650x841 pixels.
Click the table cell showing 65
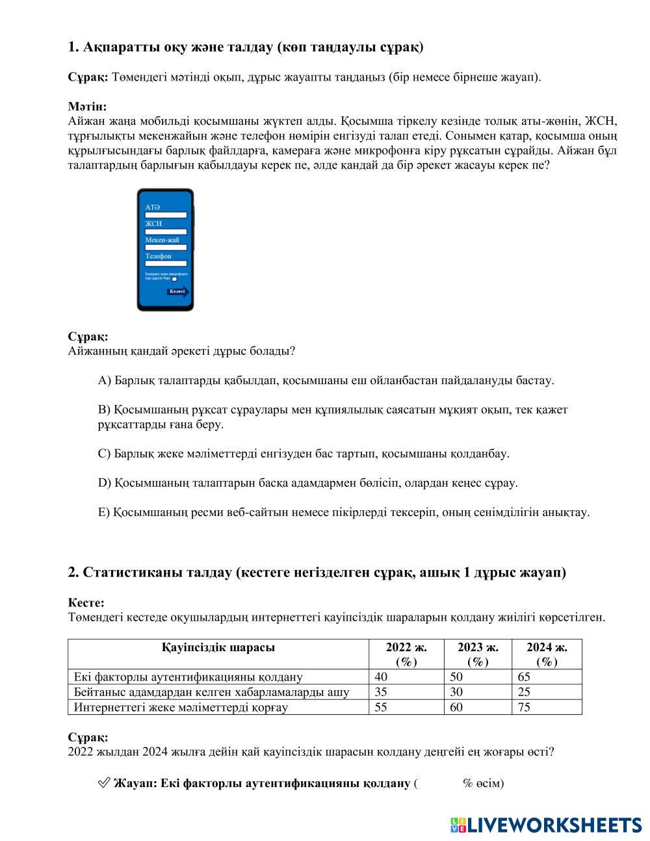[524, 677]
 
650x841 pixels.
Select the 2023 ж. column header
[478, 654]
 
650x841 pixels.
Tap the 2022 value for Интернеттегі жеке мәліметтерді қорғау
[381, 707]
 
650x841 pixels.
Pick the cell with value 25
[524, 692]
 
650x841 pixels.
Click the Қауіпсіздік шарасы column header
[218, 647]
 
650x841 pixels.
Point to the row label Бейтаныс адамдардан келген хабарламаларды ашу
[211, 692]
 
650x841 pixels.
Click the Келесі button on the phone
[177, 291]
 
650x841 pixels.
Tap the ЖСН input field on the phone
[166, 231]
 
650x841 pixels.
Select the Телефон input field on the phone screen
[166, 264]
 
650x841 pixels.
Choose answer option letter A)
[105, 380]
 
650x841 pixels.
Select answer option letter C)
[105, 454]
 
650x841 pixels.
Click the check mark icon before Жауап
[103, 783]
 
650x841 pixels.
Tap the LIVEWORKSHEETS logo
[546, 825]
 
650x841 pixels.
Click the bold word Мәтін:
[87, 106]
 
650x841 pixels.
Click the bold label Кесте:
[86, 603]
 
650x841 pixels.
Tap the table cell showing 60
[456, 707]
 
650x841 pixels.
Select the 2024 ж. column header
[547, 654]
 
